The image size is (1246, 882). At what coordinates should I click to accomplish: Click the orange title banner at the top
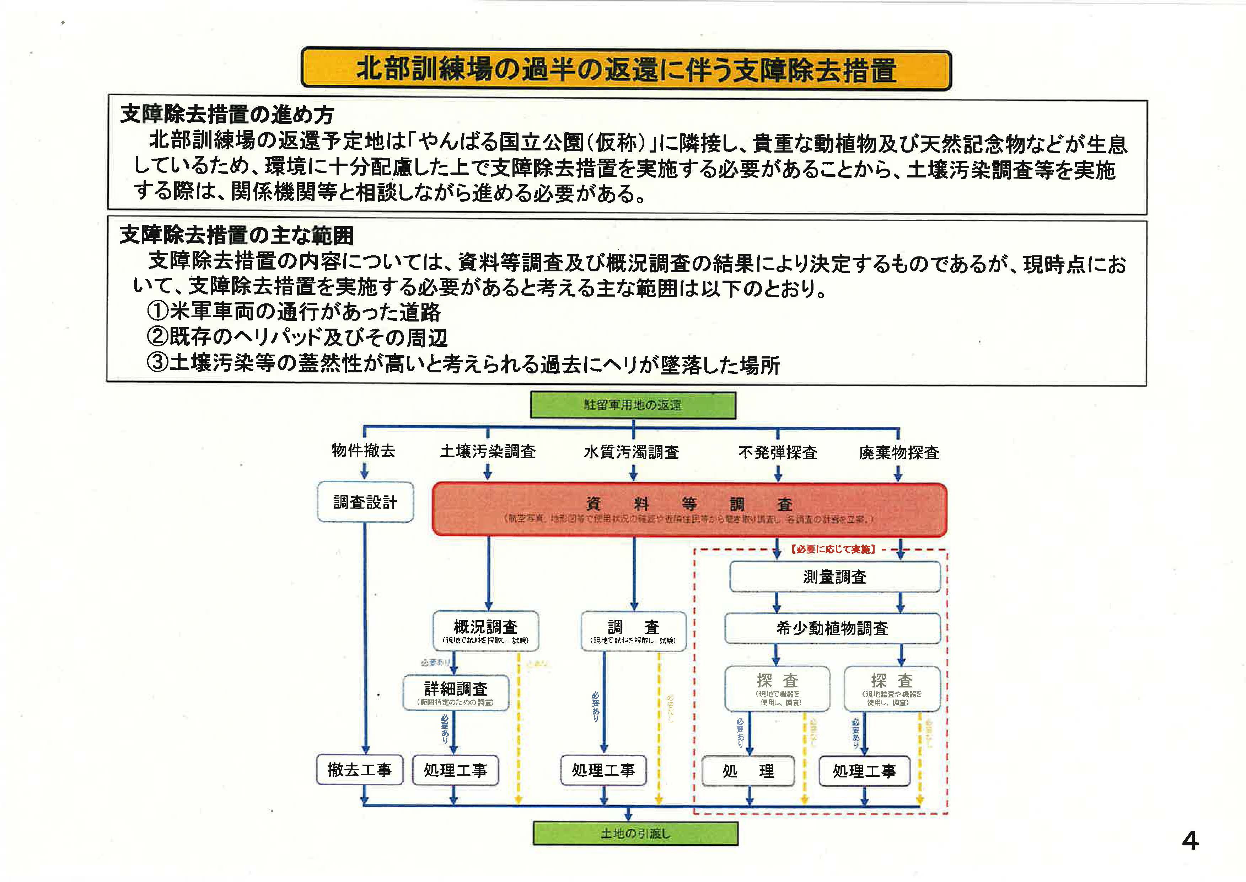coord(626,69)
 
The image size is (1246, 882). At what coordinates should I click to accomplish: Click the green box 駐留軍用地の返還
coord(633,405)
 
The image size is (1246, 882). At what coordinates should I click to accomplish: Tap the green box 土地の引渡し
coord(635,833)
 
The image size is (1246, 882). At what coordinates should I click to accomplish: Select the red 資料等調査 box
coord(689,509)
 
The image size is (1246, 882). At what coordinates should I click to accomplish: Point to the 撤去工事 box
coord(359,770)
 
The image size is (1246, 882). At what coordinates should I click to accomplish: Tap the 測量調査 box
coord(835,577)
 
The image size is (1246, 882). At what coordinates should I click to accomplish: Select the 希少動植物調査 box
coord(832,628)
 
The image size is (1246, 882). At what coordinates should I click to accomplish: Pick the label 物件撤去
coord(363,451)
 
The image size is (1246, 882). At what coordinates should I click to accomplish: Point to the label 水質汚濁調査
coord(631,452)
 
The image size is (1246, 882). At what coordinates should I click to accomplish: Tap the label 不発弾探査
coord(778,452)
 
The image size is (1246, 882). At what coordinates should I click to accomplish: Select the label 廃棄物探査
coord(899,452)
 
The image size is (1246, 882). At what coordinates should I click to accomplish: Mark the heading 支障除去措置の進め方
coord(227,115)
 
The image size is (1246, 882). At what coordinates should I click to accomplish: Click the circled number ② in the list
coord(157,337)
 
